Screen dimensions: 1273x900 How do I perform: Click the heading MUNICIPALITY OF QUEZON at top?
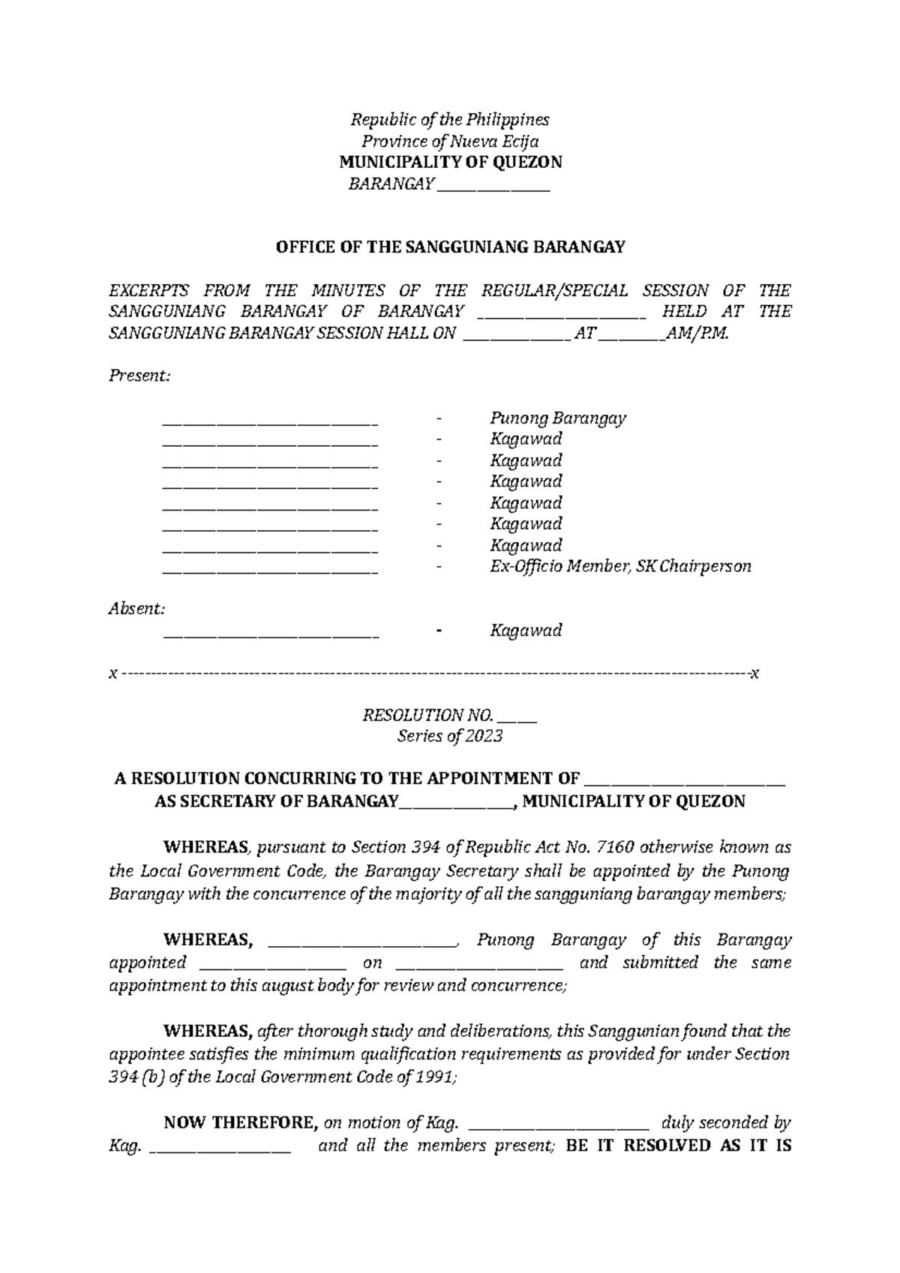[450, 162]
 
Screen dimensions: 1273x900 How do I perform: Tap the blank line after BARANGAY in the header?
[493, 186]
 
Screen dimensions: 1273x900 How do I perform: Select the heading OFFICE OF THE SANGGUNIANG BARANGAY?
[450, 247]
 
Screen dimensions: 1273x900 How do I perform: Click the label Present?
[140, 376]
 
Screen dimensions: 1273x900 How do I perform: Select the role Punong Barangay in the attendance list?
[558, 418]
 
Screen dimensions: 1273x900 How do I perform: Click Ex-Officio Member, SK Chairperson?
[620, 567]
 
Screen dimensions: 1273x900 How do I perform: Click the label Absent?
[136, 609]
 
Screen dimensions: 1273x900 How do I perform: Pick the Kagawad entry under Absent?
[526, 631]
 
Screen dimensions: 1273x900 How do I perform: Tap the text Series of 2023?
[449, 736]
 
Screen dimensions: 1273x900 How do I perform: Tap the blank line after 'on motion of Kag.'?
[558, 1125]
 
